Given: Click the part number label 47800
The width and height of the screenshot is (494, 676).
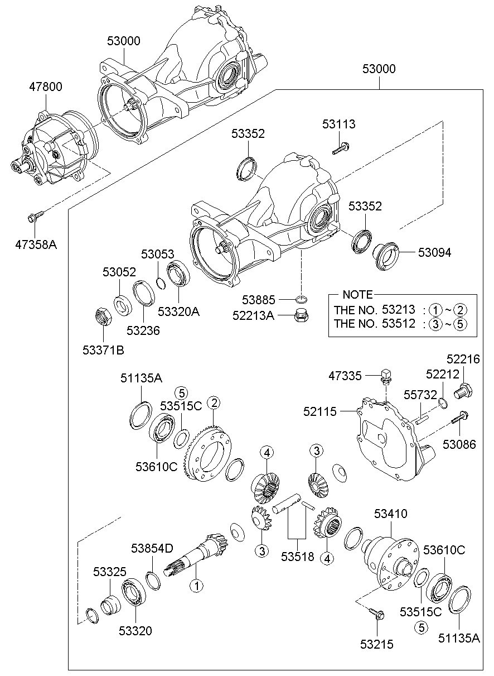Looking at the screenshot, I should click(x=46, y=87).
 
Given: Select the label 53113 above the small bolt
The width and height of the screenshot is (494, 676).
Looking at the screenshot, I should click(x=338, y=124).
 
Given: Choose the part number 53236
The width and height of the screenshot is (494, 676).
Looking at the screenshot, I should click(x=143, y=330).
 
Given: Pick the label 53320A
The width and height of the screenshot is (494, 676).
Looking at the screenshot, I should click(x=179, y=311).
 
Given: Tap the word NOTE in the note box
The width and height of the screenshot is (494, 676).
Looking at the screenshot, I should click(x=357, y=295).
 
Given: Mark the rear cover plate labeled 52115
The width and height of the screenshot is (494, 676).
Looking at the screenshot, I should click(x=390, y=441).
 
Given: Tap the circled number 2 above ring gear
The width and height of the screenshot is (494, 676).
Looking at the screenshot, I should click(x=214, y=403).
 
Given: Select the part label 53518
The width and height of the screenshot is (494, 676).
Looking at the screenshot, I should click(x=298, y=556).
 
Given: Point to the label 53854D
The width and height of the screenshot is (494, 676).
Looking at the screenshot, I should click(x=152, y=548).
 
